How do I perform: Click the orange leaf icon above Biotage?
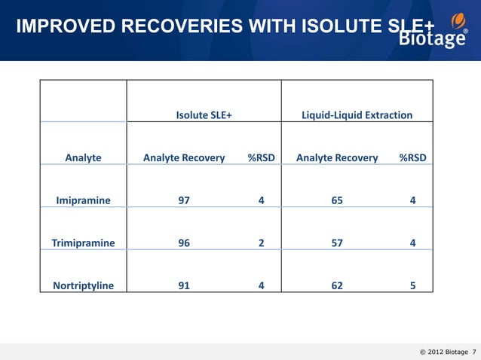tap(457, 20)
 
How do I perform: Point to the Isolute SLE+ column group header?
tap(204, 115)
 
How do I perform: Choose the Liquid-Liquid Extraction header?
tap(357, 115)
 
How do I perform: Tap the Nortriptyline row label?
tap(83, 285)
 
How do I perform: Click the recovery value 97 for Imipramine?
tap(183, 200)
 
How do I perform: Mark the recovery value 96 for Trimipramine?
tap(183, 243)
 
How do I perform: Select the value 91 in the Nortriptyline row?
tap(183, 285)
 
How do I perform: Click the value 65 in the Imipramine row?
tap(337, 200)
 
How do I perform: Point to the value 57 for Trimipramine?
tap(337, 243)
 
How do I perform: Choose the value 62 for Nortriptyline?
tap(337, 285)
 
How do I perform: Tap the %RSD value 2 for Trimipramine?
tap(261, 243)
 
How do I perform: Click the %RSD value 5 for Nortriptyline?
tap(412, 285)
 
